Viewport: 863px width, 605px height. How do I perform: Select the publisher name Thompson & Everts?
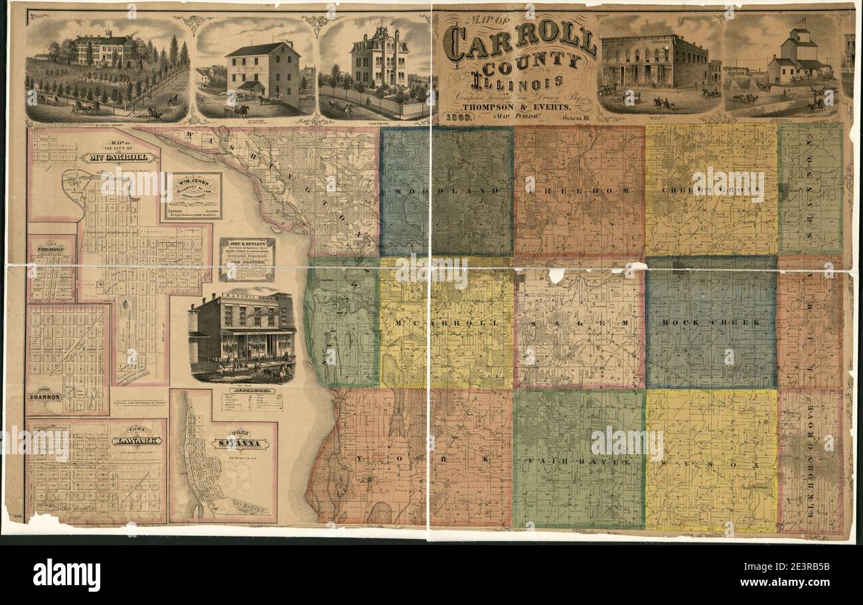(x=517, y=106)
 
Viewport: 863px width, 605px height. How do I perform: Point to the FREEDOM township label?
(x=580, y=191)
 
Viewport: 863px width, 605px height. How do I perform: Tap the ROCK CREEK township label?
(x=711, y=322)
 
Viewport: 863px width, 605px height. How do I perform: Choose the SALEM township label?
(x=580, y=323)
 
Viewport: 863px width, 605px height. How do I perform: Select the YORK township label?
(x=425, y=458)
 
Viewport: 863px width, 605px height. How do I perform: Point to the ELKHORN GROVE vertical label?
(x=811, y=458)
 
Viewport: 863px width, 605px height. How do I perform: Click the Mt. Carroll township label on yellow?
(x=445, y=323)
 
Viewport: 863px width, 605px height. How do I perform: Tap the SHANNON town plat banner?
(x=45, y=396)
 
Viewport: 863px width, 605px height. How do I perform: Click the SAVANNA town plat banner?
(x=240, y=444)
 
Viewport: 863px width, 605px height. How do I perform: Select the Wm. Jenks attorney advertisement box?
(x=193, y=196)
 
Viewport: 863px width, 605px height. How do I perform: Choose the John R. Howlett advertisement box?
(x=247, y=259)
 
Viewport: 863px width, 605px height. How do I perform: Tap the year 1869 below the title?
(x=457, y=118)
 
